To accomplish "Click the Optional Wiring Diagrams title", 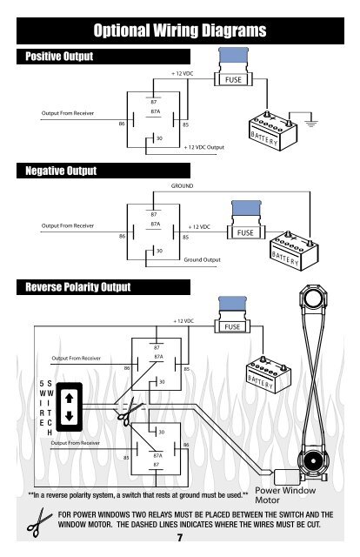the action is (180, 30).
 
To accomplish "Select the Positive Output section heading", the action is (59, 56).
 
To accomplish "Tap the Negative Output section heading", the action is (61, 171).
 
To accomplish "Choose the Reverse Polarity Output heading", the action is (78, 286).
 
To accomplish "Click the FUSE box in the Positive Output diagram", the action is (233, 79).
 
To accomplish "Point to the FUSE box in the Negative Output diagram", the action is (246, 232).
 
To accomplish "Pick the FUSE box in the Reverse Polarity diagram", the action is (232, 326).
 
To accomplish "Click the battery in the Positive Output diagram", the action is (273, 131).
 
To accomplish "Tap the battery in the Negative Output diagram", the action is (294, 252).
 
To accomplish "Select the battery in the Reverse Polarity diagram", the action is (269, 375).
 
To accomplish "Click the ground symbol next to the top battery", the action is (311, 123).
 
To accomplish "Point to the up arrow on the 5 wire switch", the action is (70, 398).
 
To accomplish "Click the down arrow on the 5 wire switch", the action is (70, 416).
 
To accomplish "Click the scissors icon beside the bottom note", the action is (38, 522).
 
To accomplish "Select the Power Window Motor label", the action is (285, 495).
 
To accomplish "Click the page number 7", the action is (180, 538).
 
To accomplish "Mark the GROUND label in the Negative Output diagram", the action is (182, 185).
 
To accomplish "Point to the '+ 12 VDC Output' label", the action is (204, 147).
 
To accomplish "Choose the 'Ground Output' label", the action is (202, 259).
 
